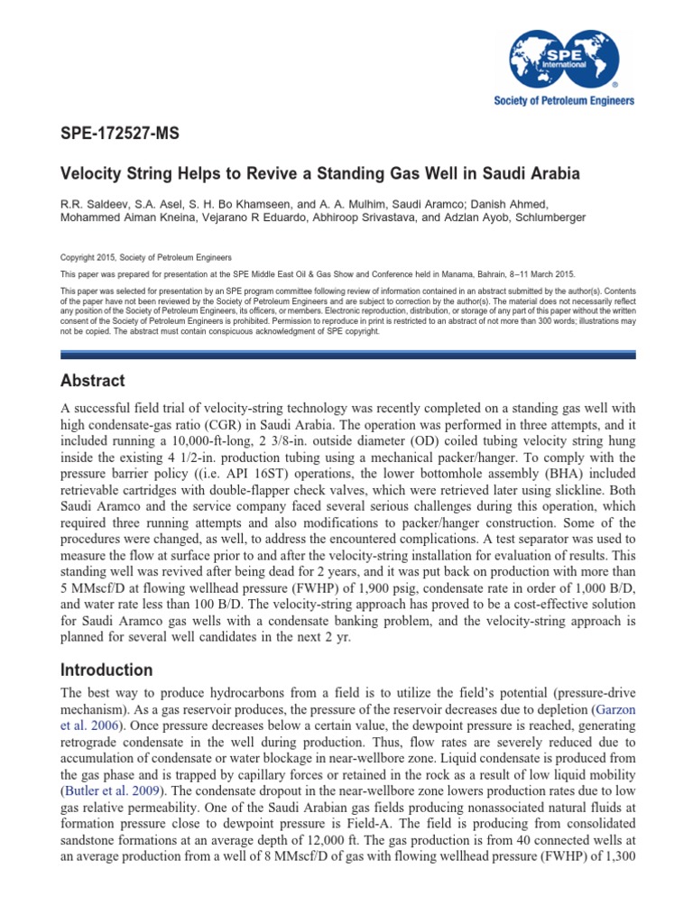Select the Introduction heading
tap(106, 670)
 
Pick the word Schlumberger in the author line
tap(548, 217)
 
